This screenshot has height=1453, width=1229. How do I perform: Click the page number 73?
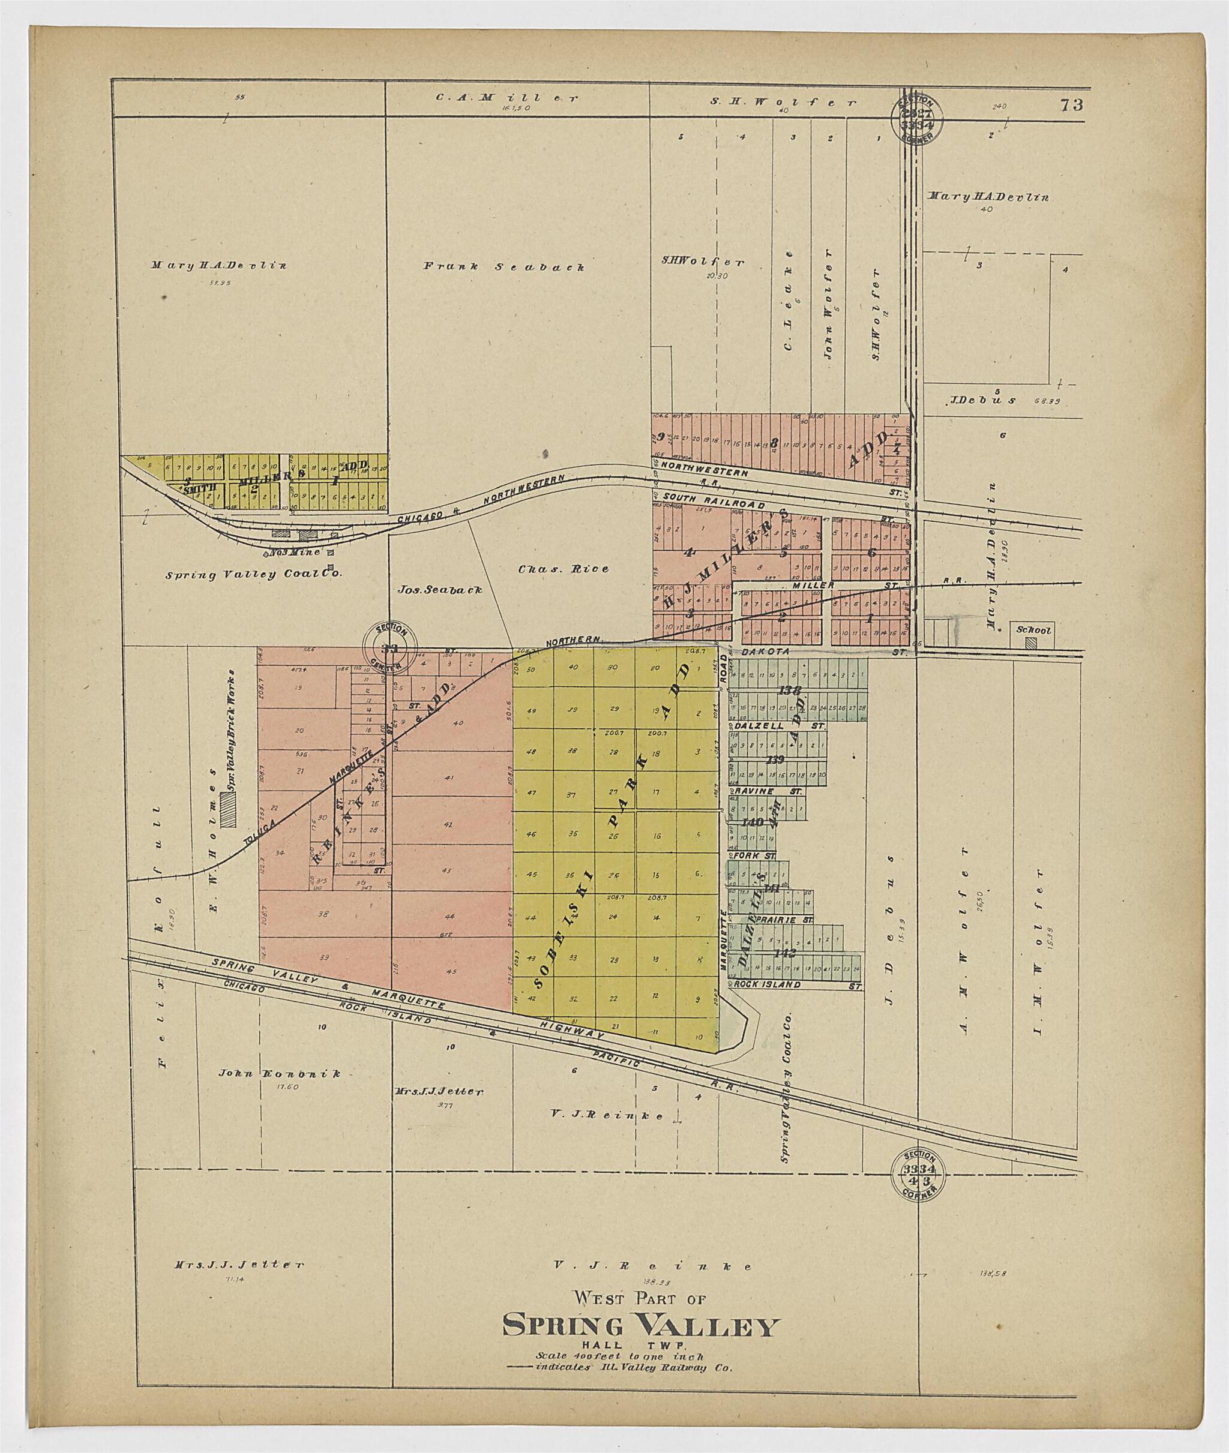[1072, 106]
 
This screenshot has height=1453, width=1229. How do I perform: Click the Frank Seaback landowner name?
[503, 266]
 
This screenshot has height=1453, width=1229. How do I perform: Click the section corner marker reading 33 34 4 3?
[918, 1172]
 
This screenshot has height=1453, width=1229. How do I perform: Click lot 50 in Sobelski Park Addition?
[532, 670]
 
